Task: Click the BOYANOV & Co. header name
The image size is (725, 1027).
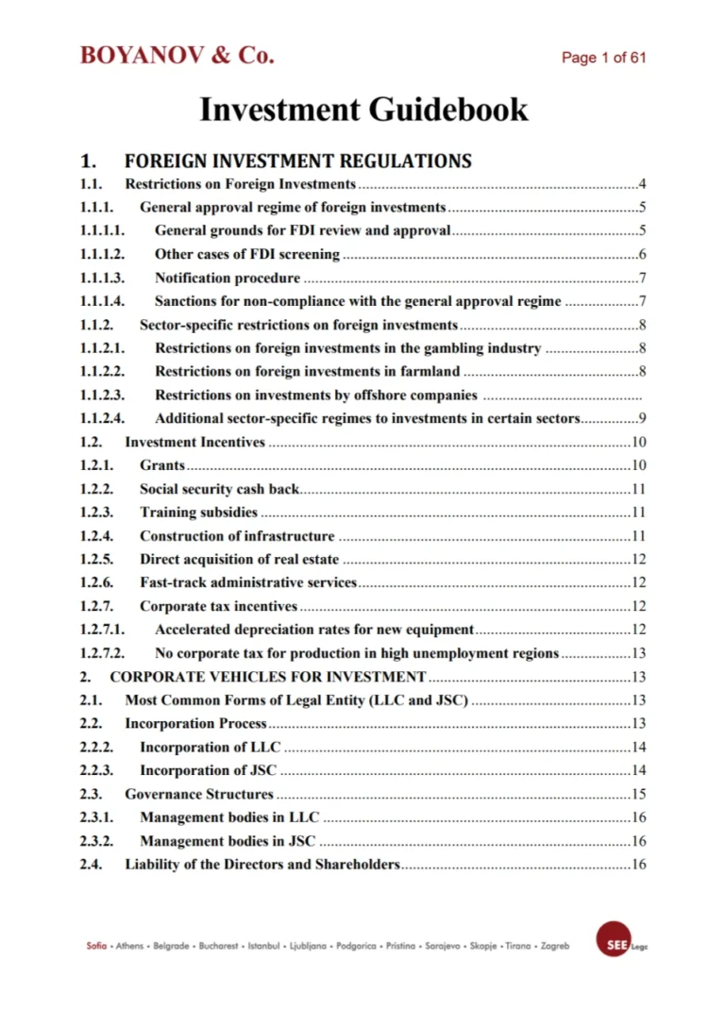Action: (177, 56)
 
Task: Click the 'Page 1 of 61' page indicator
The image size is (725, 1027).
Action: (603, 59)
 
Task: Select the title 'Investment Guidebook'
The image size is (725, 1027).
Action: (363, 109)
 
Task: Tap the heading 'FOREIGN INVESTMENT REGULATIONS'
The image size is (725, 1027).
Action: (297, 160)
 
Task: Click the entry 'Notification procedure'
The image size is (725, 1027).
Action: (228, 278)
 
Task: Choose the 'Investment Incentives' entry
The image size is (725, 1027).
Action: (195, 443)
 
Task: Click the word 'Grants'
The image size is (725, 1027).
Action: (162, 465)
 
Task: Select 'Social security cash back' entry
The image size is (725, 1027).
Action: (219, 489)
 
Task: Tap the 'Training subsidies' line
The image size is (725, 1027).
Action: (198, 513)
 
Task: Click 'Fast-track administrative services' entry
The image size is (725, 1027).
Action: (248, 582)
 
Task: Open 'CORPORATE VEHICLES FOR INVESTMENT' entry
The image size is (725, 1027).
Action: (267, 677)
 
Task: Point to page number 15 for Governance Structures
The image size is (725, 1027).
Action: (638, 794)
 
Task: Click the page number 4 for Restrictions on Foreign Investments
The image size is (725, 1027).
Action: (641, 184)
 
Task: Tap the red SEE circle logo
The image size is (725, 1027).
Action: (613, 937)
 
